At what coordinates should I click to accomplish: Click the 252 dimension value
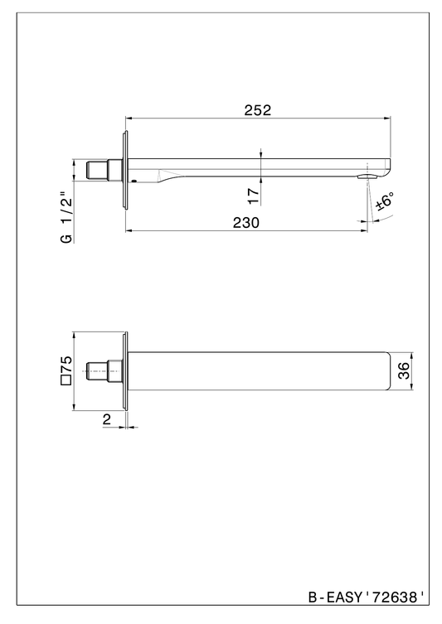(258, 110)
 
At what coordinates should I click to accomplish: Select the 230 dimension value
(245, 223)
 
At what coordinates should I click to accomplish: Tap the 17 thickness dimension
(254, 196)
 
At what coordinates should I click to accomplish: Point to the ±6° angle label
(385, 201)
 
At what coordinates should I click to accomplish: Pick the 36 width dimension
(403, 370)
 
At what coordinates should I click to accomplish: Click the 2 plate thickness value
(107, 419)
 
